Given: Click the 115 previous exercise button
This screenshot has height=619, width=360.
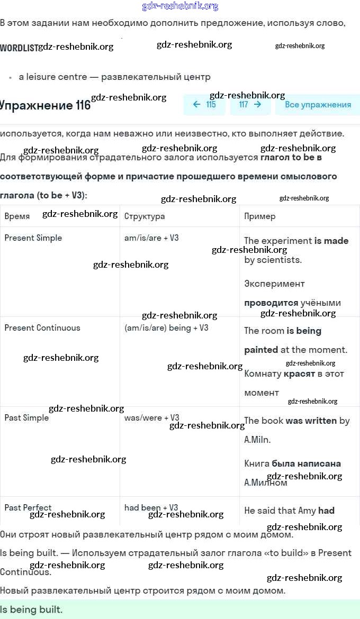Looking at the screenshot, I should tap(204, 105).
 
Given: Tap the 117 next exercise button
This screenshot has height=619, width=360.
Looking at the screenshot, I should tap(250, 105).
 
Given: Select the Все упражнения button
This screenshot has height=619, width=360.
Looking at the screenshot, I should tap(318, 105).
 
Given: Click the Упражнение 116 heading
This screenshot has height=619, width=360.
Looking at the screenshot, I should tap(46, 105).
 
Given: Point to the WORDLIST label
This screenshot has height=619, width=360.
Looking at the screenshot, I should tap(19, 48).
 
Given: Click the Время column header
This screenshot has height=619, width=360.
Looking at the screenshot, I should tap(17, 216).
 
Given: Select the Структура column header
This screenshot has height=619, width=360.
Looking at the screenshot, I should tap(145, 216).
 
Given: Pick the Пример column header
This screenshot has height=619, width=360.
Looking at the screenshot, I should tap(259, 216).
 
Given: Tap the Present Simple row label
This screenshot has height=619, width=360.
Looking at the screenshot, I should tap(33, 238).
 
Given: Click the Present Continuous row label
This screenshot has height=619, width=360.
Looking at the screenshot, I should tap(42, 328).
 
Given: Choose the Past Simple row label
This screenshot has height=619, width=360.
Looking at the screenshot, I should tap(26, 418).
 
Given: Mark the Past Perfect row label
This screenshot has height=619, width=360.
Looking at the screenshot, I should tap(28, 508).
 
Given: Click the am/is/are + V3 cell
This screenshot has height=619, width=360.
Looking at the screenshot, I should tap(151, 238).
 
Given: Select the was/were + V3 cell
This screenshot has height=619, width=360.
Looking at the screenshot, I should tap(151, 418).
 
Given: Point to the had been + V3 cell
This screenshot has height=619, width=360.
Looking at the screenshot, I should tap(151, 508).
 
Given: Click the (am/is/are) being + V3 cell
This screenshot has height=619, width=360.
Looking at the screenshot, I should tap(166, 328).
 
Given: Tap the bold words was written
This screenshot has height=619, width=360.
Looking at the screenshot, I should tap(311, 421).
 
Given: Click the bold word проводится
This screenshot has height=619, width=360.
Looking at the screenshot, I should tap(271, 303).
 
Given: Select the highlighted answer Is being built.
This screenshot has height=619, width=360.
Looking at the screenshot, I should tap(32, 609).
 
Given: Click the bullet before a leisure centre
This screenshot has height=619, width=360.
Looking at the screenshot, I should tap(10, 77).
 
